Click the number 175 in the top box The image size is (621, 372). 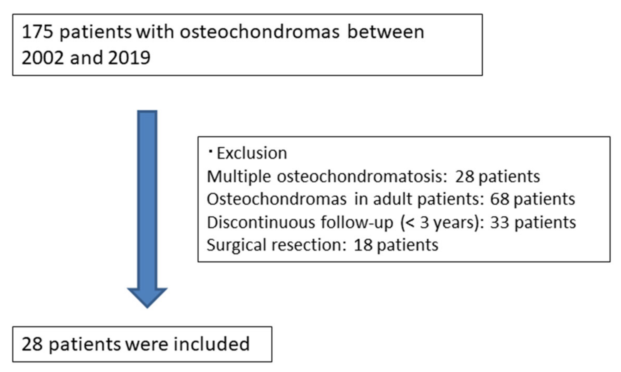(37, 32)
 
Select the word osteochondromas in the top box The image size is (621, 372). (260, 32)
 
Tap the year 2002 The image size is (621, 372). (43, 58)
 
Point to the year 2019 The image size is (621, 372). (129, 58)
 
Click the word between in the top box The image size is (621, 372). (386, 32)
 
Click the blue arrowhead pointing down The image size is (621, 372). (147, 297)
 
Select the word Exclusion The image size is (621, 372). (252, 153)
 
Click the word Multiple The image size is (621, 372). (239, 177)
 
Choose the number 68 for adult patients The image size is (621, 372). (499, 199)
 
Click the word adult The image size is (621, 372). (393, 199)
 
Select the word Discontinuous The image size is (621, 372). (261, 222)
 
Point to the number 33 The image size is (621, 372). (500, 222)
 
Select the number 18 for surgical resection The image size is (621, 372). (363, 245)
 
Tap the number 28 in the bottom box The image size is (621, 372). (32, 344)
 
